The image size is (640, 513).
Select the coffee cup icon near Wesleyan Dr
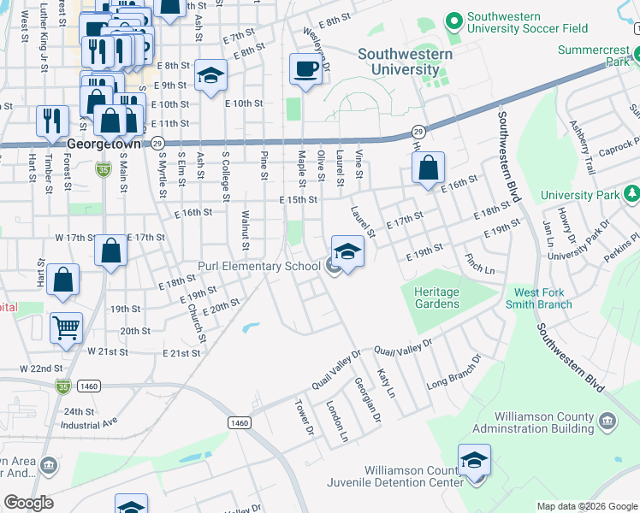click(x=305, y=69)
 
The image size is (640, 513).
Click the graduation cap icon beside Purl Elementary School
click(x=347, y=251)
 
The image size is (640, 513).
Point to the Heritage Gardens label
click(x=436, y=298)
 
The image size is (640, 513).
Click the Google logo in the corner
click(x=28, y=503)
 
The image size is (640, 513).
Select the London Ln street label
click(x=338, y=421)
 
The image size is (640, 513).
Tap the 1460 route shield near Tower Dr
click(x=240, y=422)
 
